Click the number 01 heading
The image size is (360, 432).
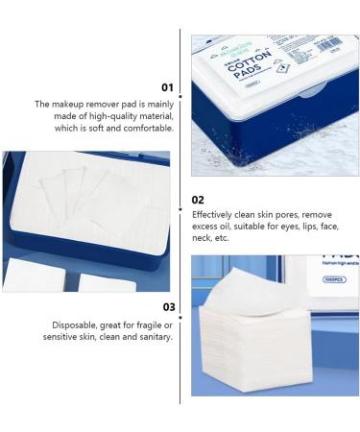pos(167,86)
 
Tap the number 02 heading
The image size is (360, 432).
pos(198,200)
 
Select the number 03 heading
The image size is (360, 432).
pos(168,307)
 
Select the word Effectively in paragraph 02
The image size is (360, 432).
pos(213,214)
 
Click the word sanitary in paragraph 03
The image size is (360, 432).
pos(154,337)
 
